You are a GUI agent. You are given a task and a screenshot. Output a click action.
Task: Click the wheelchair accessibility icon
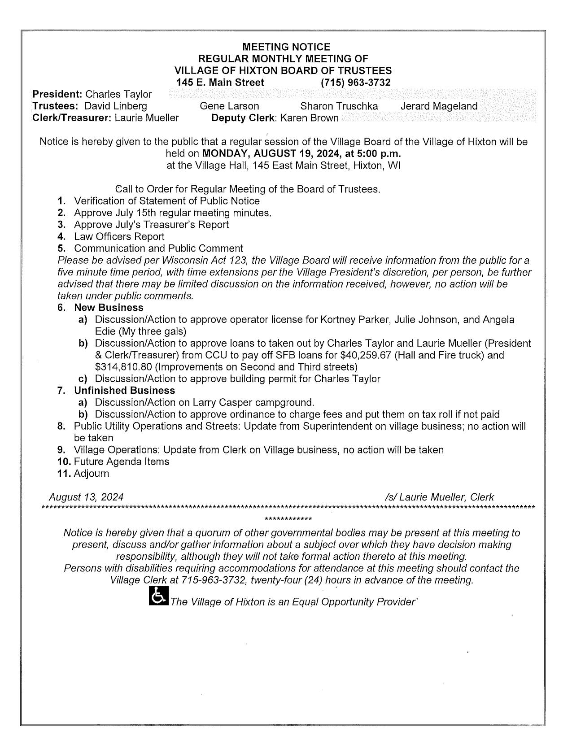tap(158, 596)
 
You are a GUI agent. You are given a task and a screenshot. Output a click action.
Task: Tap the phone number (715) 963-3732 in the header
tap(355, 83)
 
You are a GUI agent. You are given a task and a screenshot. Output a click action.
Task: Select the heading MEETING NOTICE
tap(286, 47)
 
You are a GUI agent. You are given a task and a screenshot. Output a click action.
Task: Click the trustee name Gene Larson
tap(229, 106)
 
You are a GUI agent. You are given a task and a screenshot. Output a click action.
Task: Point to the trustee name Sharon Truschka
tap(339, 106)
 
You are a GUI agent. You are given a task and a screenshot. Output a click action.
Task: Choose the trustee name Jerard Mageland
tap(439, 106)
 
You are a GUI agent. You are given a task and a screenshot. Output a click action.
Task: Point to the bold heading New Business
tap(109, 308)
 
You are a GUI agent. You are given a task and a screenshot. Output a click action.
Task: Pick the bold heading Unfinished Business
tap(124, 391)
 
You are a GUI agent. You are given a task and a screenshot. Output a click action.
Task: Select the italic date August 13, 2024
tap(86, 497)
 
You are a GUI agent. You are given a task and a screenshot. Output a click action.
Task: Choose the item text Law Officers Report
tap(119, 236)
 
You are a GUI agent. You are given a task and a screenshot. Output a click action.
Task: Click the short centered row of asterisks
tap(288, 520)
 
